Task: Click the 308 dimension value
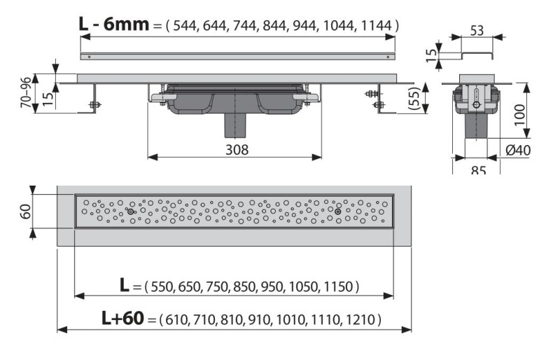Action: click(237, 150)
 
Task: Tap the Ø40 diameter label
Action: click(518, 150)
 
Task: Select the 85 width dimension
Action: click(478, 170)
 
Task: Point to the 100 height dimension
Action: click(520, 114)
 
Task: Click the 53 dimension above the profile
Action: click(477, 31)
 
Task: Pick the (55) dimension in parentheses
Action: click(413, 98)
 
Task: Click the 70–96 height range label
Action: click(26, 92)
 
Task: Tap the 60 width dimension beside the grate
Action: click(26, 212)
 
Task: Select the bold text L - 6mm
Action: click(113, 25)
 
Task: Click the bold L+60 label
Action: click(123, 318)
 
